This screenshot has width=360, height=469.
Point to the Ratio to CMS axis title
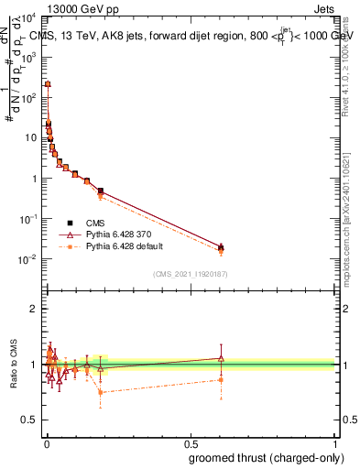pos(13,362)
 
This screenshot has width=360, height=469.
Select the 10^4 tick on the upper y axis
pos(30,17)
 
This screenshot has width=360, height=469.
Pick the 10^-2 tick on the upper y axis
pos(30,259)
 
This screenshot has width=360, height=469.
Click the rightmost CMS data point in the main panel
pos(221,246)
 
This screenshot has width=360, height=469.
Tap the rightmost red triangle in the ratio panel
pos(221,358)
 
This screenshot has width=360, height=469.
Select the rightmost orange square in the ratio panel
pos(221,379)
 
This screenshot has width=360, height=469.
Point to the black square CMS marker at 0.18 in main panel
pos(100,191)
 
